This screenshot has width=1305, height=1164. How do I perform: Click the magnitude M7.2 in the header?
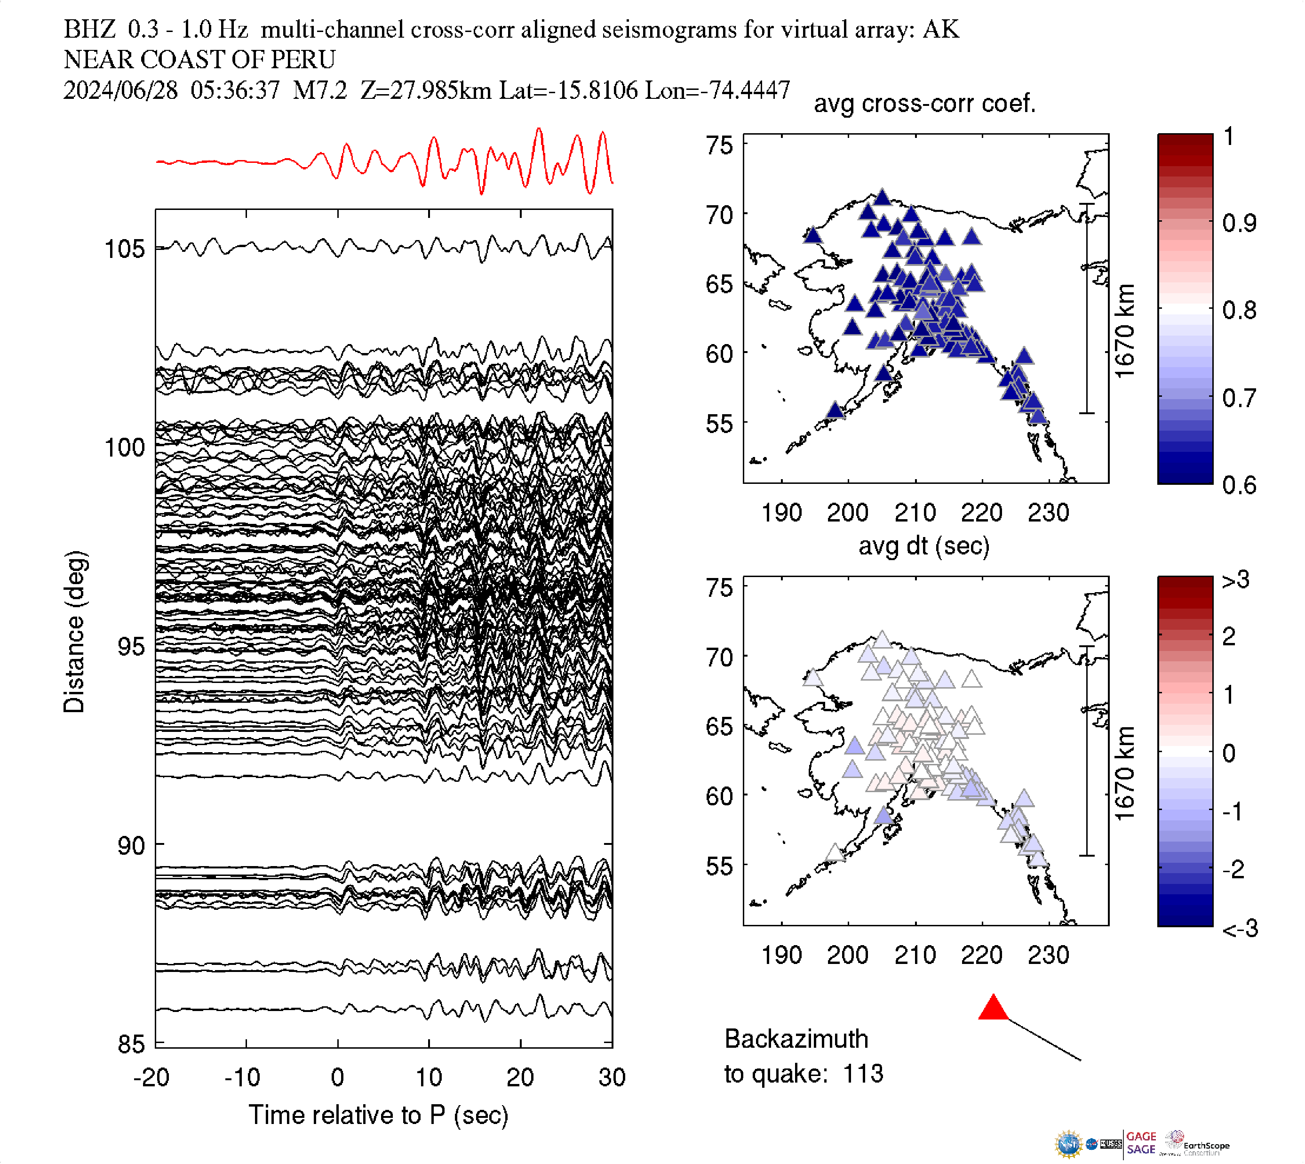tap(319, 90)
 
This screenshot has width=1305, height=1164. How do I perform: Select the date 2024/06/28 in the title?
tap(120, 90)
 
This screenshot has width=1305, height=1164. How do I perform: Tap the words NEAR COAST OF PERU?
tap(199, 59)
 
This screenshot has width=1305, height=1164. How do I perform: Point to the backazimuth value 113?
tap(863, 1074)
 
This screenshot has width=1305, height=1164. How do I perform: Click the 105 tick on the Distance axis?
tap(125, 249)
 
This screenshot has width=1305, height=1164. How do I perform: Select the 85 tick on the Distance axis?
tap(131, 1044)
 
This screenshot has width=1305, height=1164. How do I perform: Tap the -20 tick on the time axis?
tap(151, 1078)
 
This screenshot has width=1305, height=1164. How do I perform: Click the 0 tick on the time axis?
tap(337, 1078)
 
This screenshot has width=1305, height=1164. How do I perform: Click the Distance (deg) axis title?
tap(74, 632)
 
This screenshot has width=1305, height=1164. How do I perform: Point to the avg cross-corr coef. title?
tap(924, 104)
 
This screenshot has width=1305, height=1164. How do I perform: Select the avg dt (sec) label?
tap(923, 546)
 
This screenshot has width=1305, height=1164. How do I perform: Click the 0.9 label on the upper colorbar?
tap(1239, 223)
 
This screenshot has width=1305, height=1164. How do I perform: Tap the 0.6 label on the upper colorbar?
tap(1239, 485)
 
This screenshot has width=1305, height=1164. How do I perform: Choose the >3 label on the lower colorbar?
tap(1235, 580)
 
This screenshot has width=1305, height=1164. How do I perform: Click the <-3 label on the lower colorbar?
tap(1240, 929)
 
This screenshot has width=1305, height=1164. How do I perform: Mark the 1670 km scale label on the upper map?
tap(1124, 330)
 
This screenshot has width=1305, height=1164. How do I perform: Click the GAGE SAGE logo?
tap(1141, 1143)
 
